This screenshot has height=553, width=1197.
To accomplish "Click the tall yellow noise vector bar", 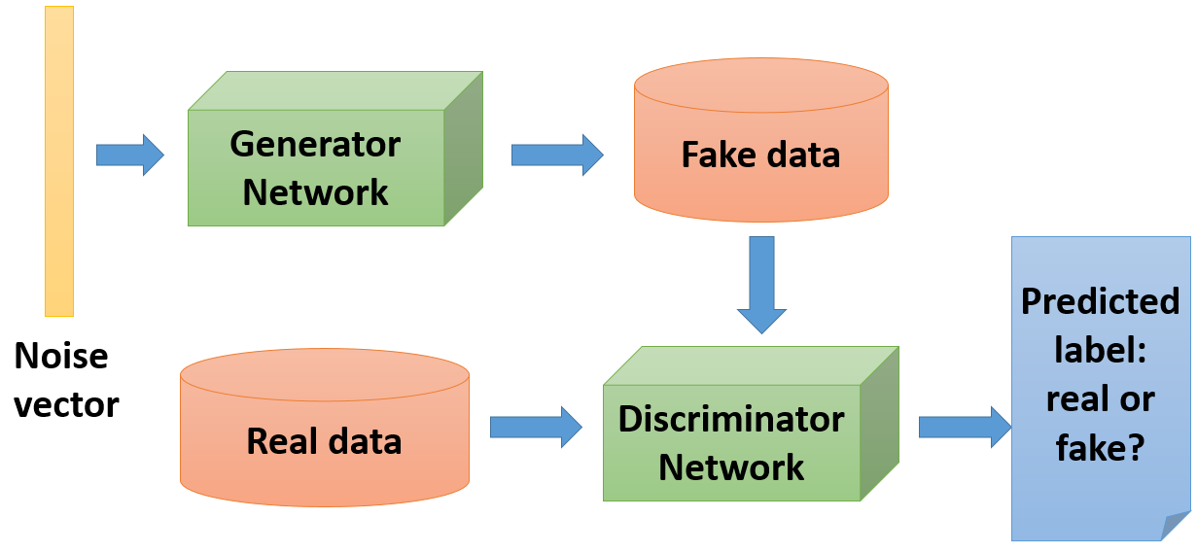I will click(59, 160).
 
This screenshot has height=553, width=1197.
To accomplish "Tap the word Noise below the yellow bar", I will click(61, 357).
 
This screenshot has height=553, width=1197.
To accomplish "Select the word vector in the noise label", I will click(66, 403).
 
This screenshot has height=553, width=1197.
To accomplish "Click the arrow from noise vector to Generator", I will click(129, 156).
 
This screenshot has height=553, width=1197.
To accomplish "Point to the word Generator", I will click(315, 145).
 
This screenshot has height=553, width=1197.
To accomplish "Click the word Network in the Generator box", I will click(315, 191).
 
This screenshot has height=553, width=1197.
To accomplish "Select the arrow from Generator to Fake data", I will click(556, 156).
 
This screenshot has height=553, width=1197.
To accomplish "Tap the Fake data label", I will click(760, 155).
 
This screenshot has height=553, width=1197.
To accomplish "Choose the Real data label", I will click(324, 440).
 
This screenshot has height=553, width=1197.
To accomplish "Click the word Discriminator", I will click(731, 420).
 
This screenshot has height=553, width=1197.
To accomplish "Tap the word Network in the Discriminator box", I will click(731, 467).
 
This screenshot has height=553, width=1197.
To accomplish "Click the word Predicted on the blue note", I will click(1100, 301).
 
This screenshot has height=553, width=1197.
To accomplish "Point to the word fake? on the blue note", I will click(1100, 448).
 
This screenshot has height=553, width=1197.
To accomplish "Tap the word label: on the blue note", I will click(1100, 350).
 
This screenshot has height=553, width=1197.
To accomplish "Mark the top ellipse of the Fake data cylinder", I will click(760, 84).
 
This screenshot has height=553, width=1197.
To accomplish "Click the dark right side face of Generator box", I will click(464, 148).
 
